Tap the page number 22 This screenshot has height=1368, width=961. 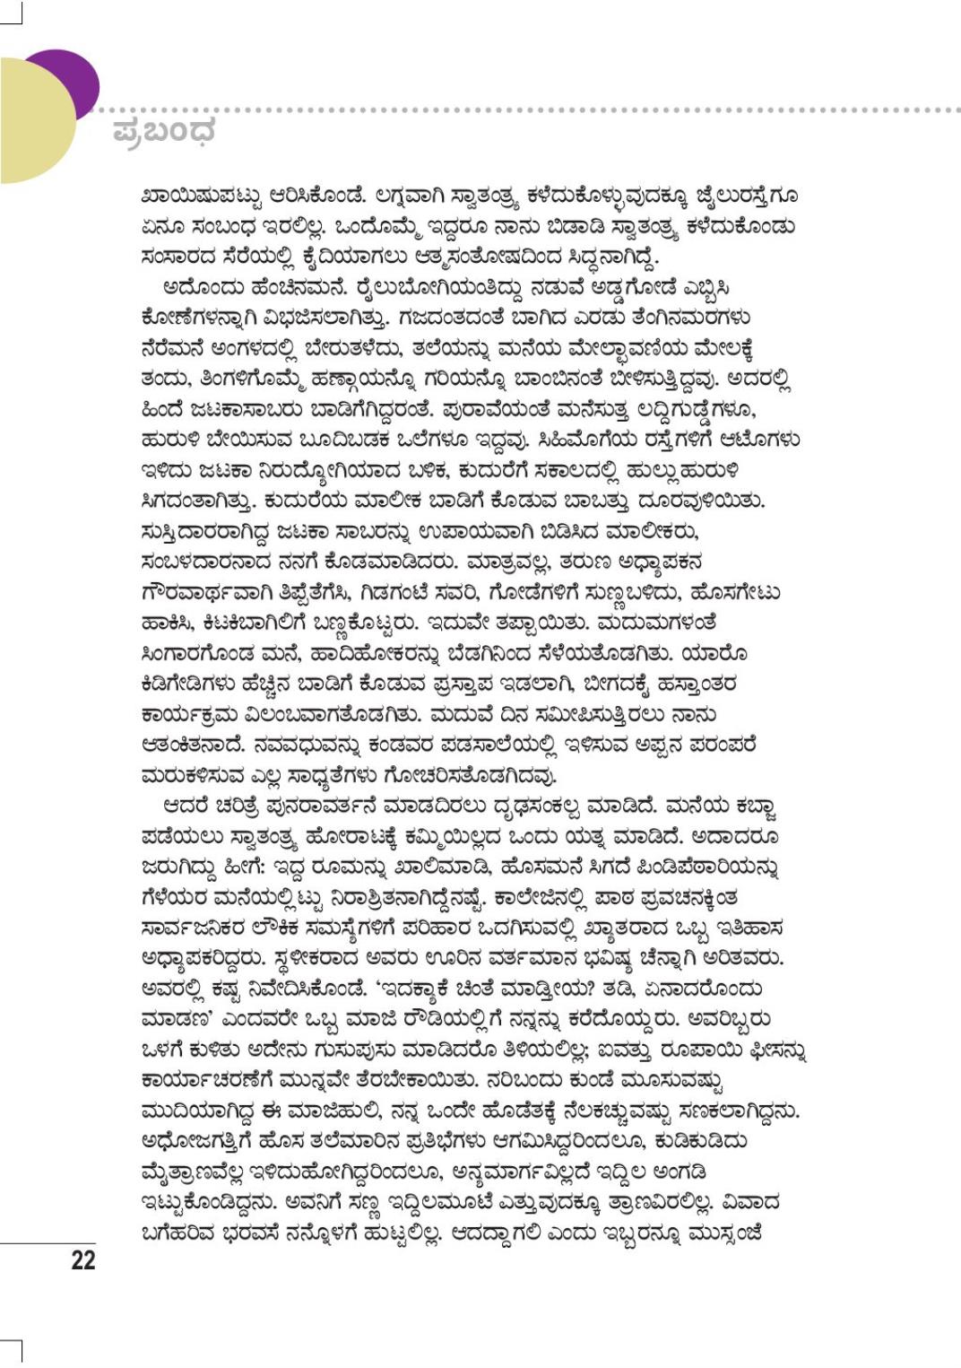82,1259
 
